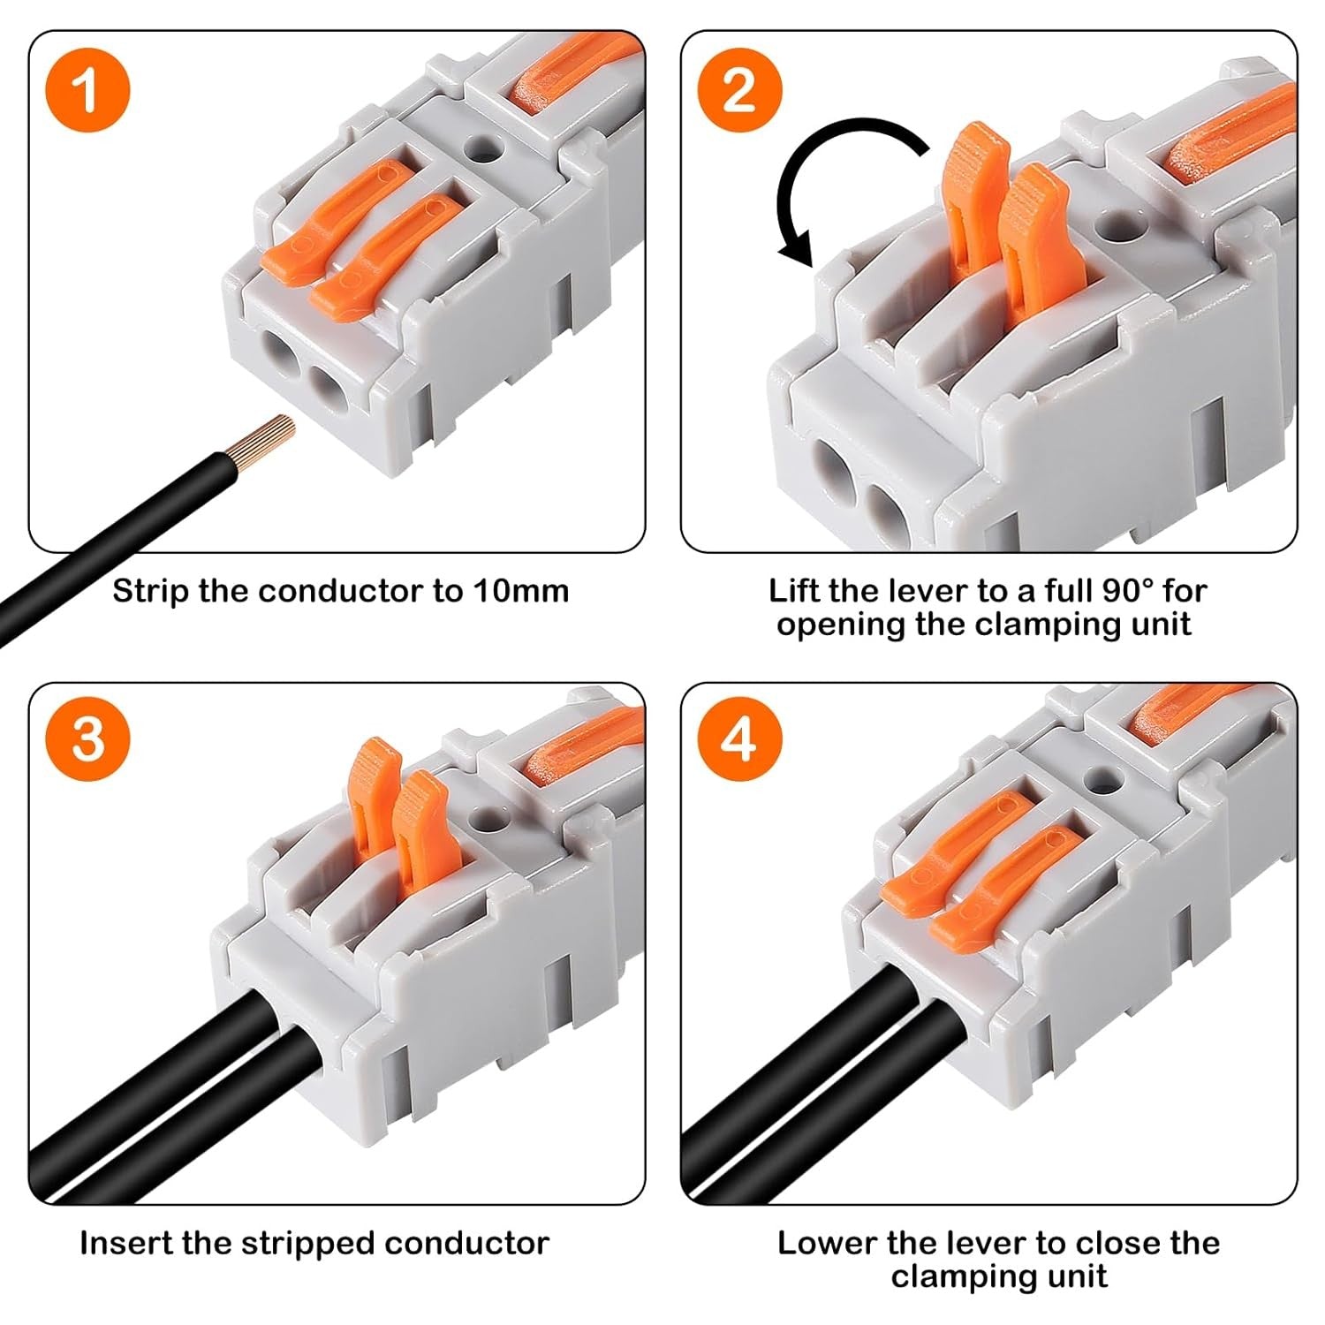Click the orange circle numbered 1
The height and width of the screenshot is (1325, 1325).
coord(87,90)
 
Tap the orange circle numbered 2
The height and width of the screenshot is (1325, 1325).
coord(739,90)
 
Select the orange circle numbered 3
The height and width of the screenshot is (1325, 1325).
coord(87,738)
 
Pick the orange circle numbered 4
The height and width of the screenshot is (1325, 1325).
coord(739,738)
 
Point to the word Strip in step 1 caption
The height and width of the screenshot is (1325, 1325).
coord(151,591)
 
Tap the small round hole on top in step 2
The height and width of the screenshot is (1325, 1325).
coord(1119,225)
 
